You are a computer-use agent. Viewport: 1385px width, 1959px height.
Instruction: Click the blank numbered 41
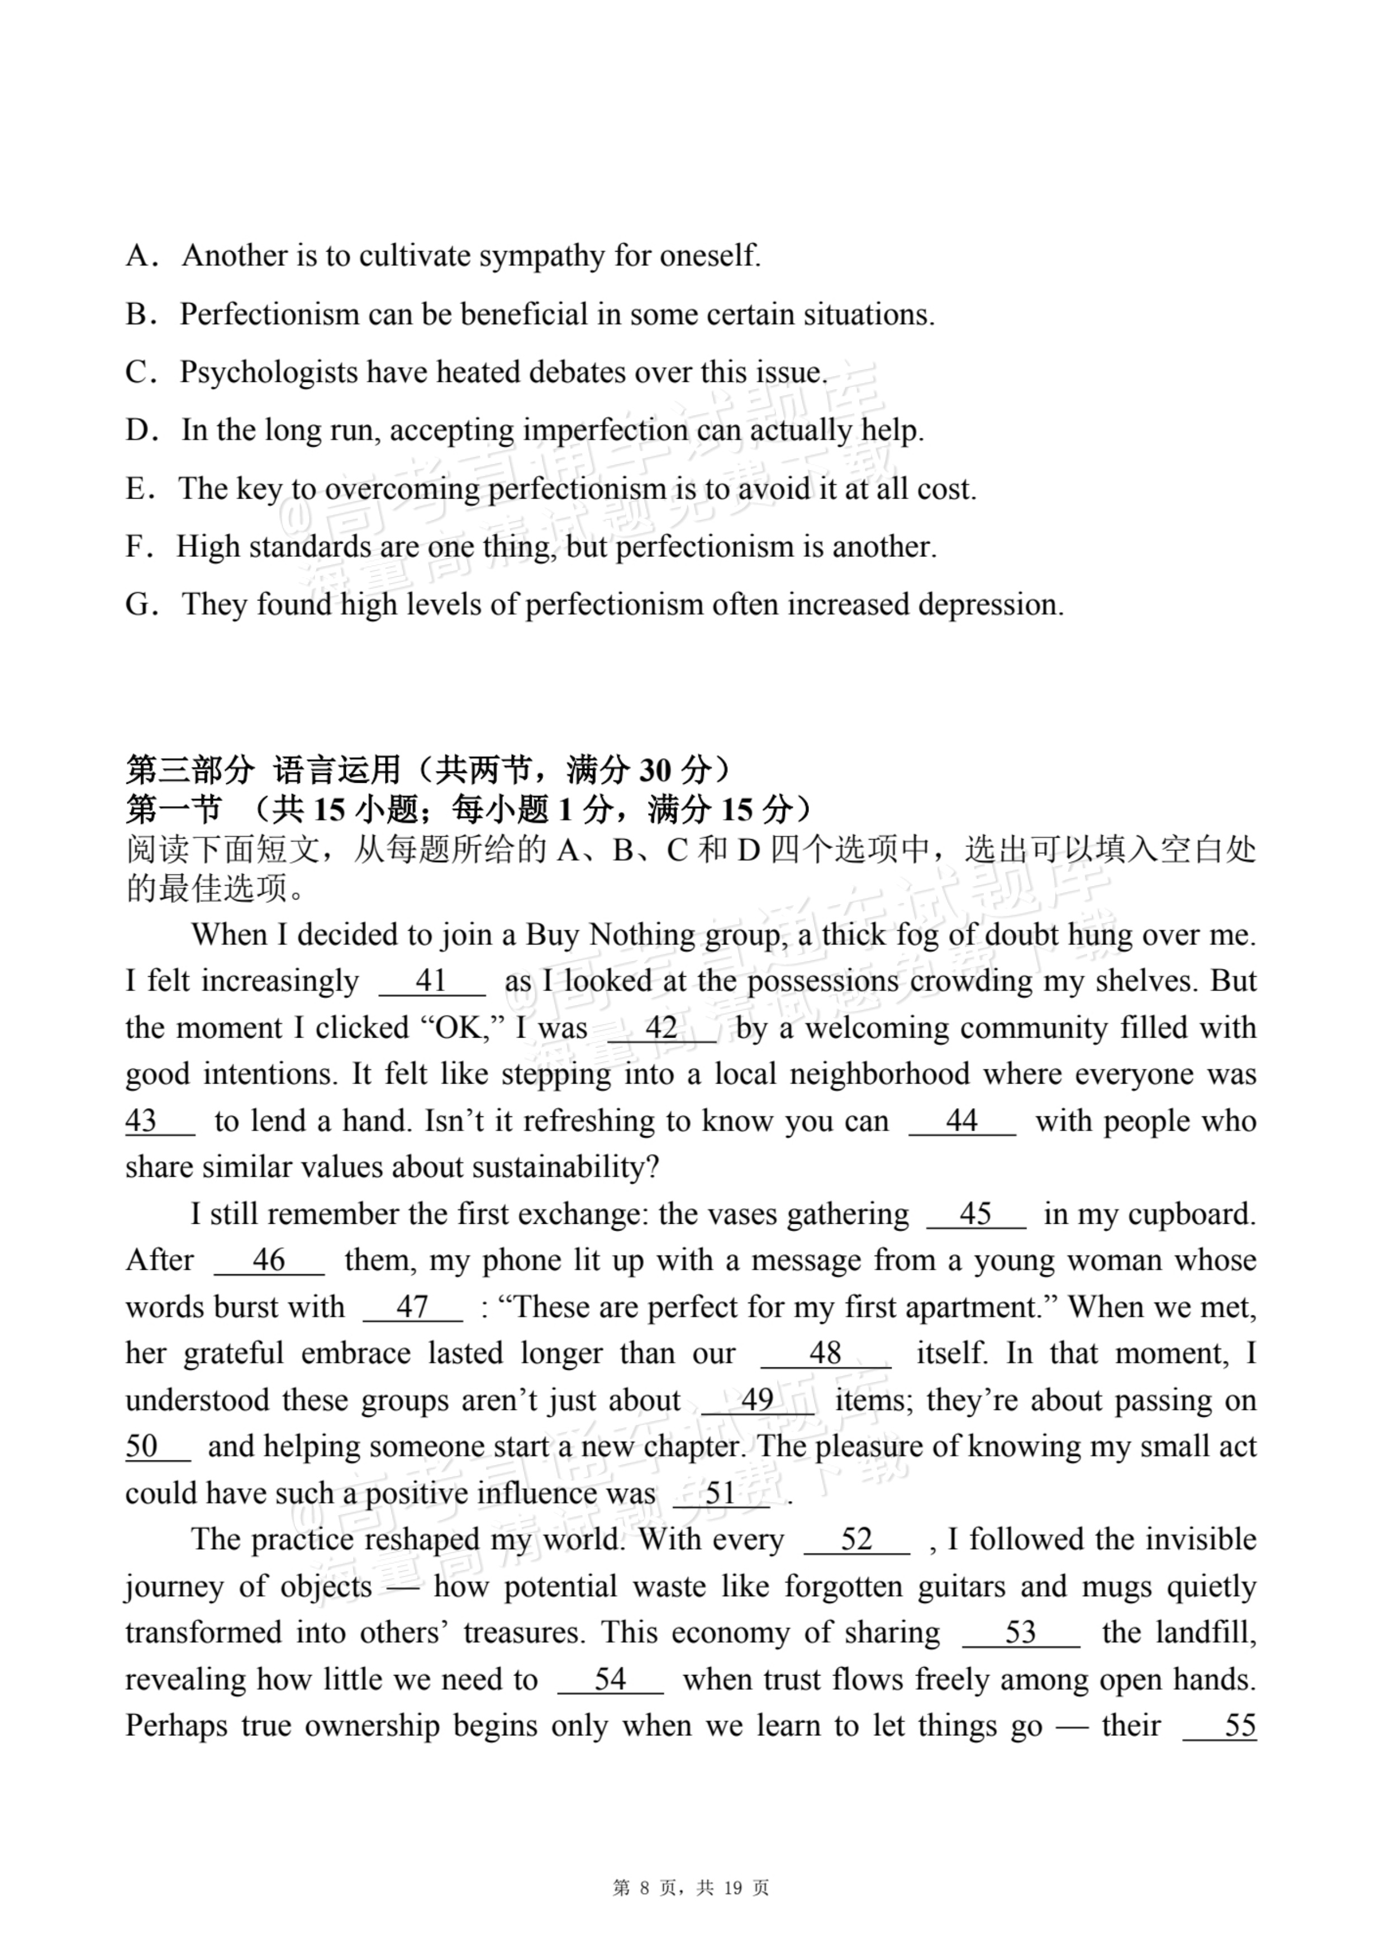coord(431,981)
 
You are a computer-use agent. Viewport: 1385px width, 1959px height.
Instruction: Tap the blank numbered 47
coord(413,1307)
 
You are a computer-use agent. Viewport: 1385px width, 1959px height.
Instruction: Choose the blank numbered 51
coord(721,1493)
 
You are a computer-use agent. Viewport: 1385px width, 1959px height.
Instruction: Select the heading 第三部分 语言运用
coord(264,770)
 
